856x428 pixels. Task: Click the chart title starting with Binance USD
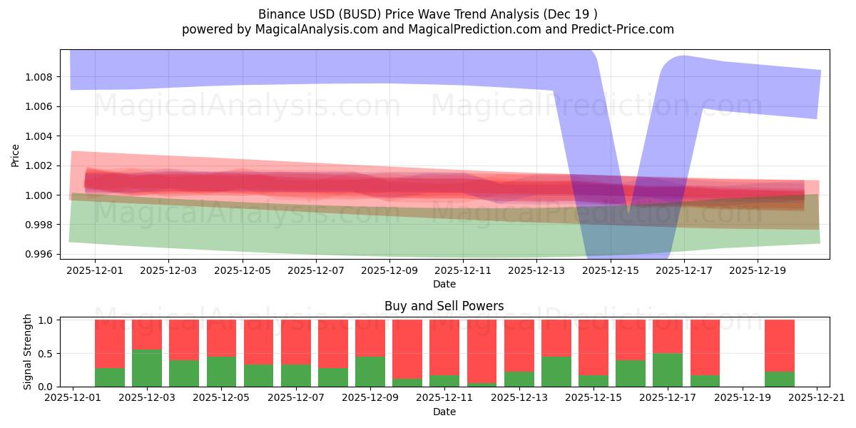pos(428,14)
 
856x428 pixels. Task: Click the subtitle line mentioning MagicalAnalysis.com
pos(428,29)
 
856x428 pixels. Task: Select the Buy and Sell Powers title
pos(444,306)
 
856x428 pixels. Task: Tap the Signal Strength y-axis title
pos(28,352)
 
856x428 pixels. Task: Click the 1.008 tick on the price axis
pos(41,77)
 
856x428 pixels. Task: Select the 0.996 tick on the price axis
pos(41,255)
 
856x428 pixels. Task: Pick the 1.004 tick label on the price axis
pos(41,136)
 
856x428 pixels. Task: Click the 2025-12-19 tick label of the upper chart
pos(758,271)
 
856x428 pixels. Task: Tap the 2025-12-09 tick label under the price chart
pos(389,271)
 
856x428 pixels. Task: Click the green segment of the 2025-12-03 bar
pos(147,368)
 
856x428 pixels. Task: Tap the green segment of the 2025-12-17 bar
pos(668,370)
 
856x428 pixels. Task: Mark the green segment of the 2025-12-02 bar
pos(110,377)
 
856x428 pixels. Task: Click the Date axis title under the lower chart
pos(444,412)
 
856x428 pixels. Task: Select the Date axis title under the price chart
pos(444,284)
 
